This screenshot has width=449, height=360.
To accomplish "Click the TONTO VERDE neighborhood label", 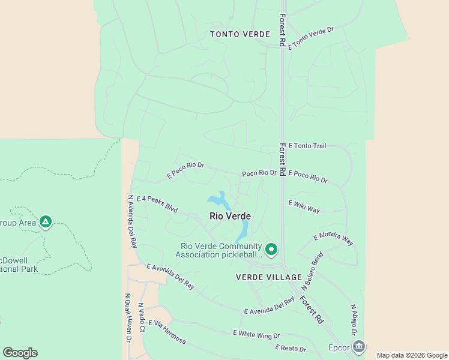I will click(240, 34).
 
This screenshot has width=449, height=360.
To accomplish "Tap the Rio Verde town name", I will click(230, 216).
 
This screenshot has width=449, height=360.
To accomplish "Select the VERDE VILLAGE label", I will click(268, 277).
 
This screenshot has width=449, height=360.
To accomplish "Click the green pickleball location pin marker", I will click(271, 248).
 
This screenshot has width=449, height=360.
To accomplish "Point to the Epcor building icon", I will click(359, 346).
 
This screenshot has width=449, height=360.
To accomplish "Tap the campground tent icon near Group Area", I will click(45, 222).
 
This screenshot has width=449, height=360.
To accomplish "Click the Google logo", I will click(20, 353).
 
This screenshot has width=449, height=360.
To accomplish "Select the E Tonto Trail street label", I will click(307, 146).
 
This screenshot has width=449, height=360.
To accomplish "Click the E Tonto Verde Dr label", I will click(311, 38).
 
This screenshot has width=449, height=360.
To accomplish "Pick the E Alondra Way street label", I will click(333, 238).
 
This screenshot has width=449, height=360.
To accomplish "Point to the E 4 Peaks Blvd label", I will click(157, 204).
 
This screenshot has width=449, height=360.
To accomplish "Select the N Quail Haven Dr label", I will click(128, 317).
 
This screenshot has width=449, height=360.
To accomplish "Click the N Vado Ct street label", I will click(142, 317).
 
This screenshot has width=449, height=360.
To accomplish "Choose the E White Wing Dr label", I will click(256, 334).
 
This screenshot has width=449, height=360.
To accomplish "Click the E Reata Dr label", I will click(291, 348).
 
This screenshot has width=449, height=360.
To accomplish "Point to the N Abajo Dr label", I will click(354, 320).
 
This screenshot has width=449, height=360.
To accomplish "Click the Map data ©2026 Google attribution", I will click(411, 355).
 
